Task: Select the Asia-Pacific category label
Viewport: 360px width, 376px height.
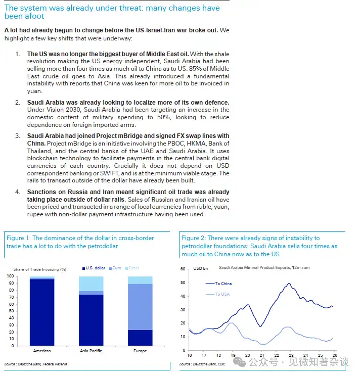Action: pos(91,351)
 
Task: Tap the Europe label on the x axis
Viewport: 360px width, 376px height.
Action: pos(140,351)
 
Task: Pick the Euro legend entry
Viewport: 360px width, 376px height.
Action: pos(117,268)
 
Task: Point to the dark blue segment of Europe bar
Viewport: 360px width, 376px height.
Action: pos(140,338)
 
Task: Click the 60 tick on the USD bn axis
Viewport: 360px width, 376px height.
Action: pos(183,268)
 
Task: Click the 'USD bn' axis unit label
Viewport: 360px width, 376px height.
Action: pos(200,268)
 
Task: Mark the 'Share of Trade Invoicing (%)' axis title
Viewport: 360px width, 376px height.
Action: pos(39,269)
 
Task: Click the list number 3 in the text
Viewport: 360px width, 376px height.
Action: pos(17,136)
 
